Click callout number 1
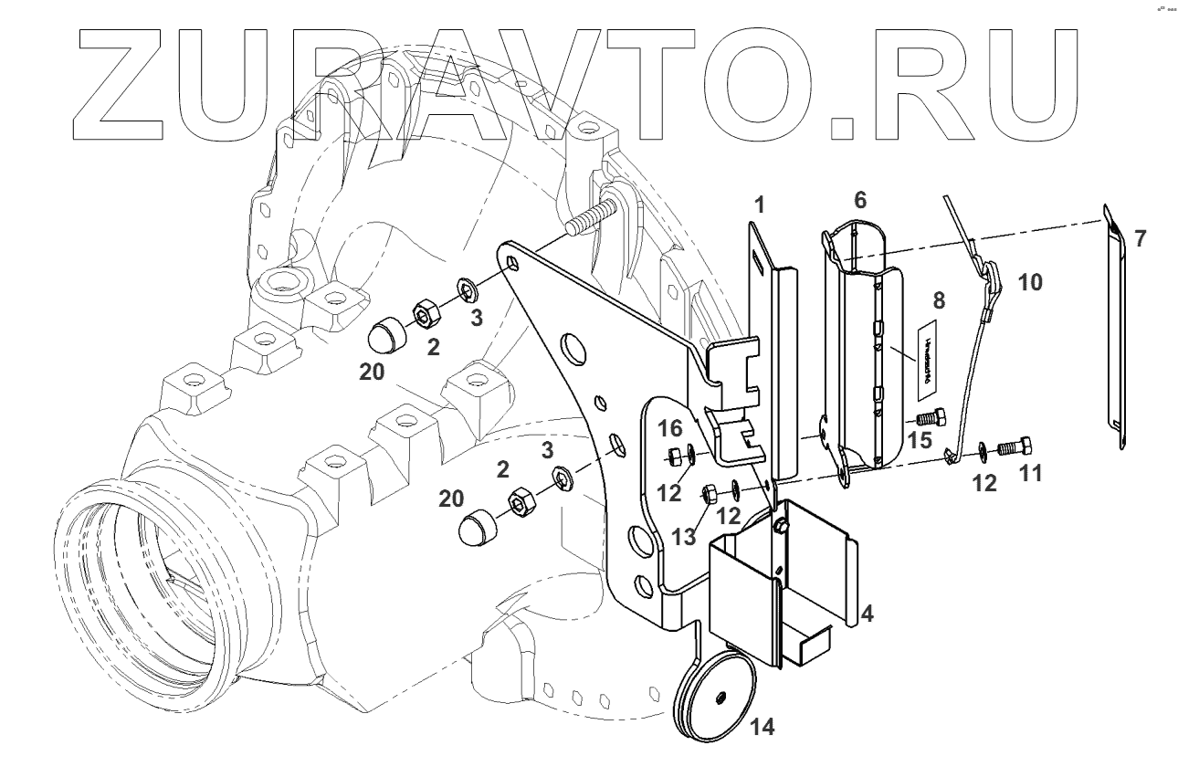pos(758,205)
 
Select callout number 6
pos(858,200)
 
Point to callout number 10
pos(1028,282)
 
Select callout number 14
pos(761,727)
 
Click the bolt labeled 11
pos(1014,447)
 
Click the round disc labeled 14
pos(718,698)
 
